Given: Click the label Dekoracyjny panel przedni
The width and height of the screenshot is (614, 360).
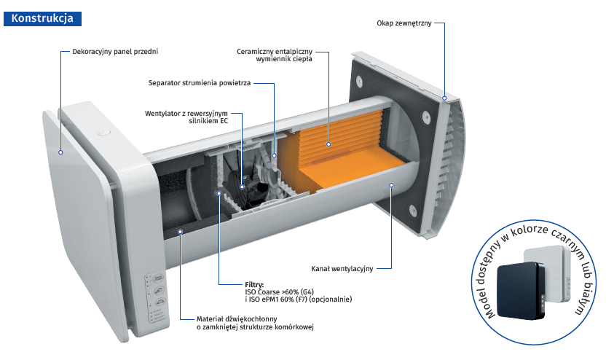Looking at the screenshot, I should click(115, 52).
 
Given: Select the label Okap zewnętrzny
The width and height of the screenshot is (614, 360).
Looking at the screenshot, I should click(404, 23).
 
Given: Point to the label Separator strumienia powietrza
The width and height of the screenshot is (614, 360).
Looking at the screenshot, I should click(200, 83).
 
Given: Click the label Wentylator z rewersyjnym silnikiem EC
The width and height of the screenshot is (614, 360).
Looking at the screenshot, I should click(186, 117).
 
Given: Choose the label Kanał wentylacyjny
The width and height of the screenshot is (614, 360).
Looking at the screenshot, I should click(342, 269).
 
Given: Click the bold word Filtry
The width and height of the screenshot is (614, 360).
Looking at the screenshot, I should click(255, 283).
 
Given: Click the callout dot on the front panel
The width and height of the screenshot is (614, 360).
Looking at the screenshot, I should click(60, 153).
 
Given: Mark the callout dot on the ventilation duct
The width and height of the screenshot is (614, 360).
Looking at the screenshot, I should click(392, 185).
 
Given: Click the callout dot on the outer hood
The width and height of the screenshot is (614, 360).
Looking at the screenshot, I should click(446, 96).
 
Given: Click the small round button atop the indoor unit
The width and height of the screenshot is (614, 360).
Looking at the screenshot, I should click(102, 133).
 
